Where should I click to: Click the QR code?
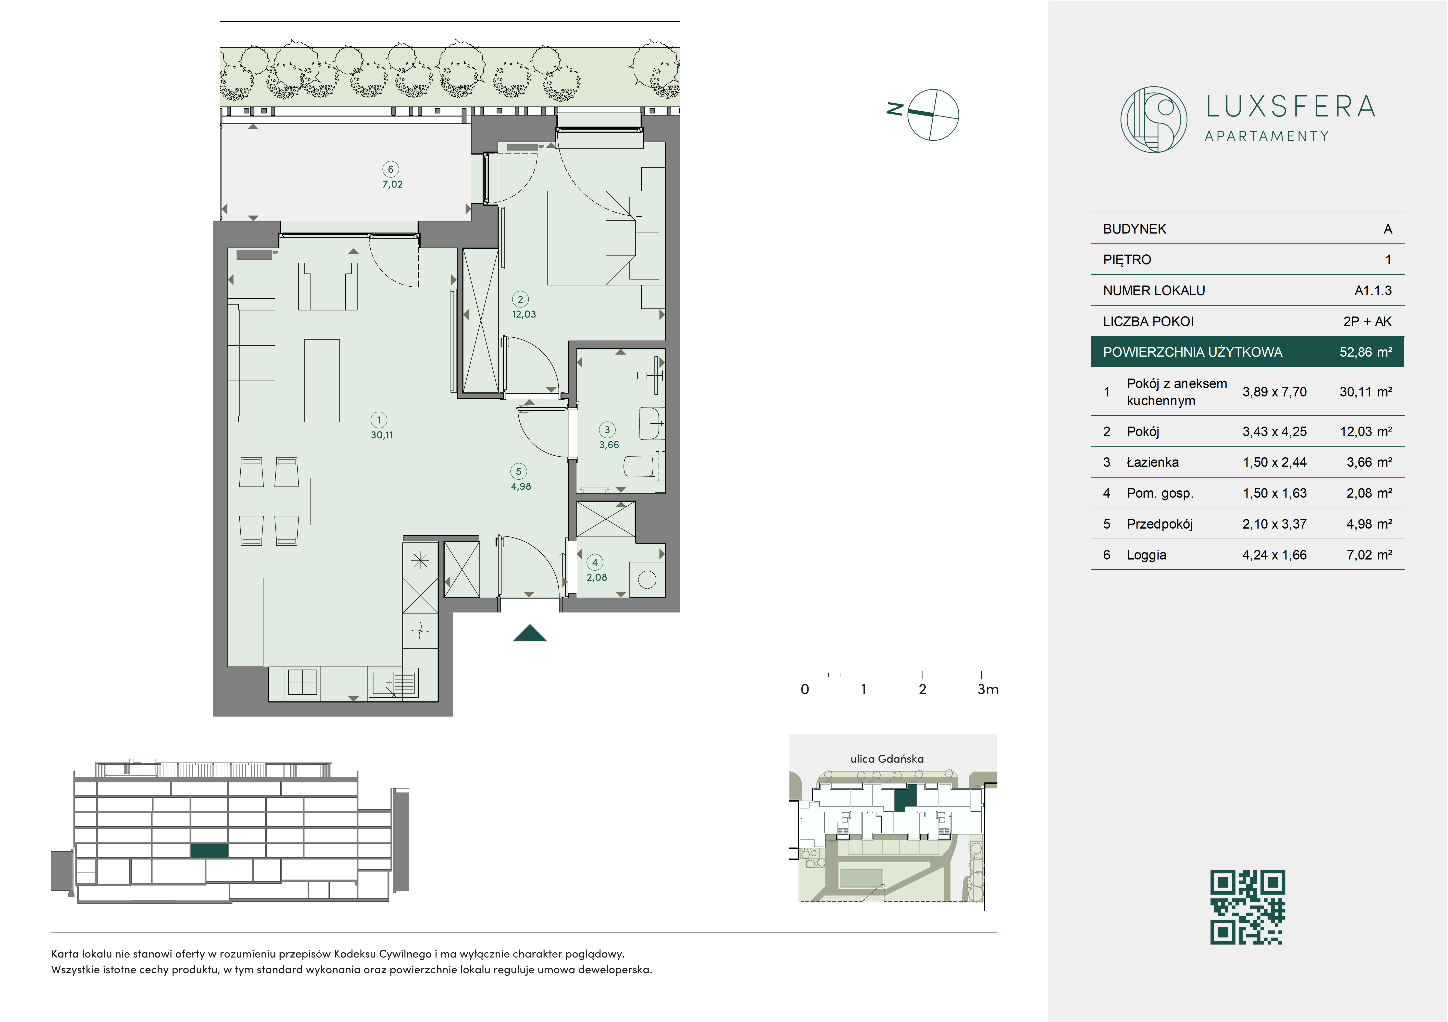1247,907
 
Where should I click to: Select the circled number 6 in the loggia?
390,169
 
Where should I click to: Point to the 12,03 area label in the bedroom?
524,314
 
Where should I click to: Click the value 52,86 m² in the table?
1365,352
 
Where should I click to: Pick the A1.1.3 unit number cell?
1373,291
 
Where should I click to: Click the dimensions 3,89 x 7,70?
1274,392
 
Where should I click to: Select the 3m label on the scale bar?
988,690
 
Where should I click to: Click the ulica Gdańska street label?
887,759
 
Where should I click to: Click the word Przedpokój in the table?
1159,524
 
